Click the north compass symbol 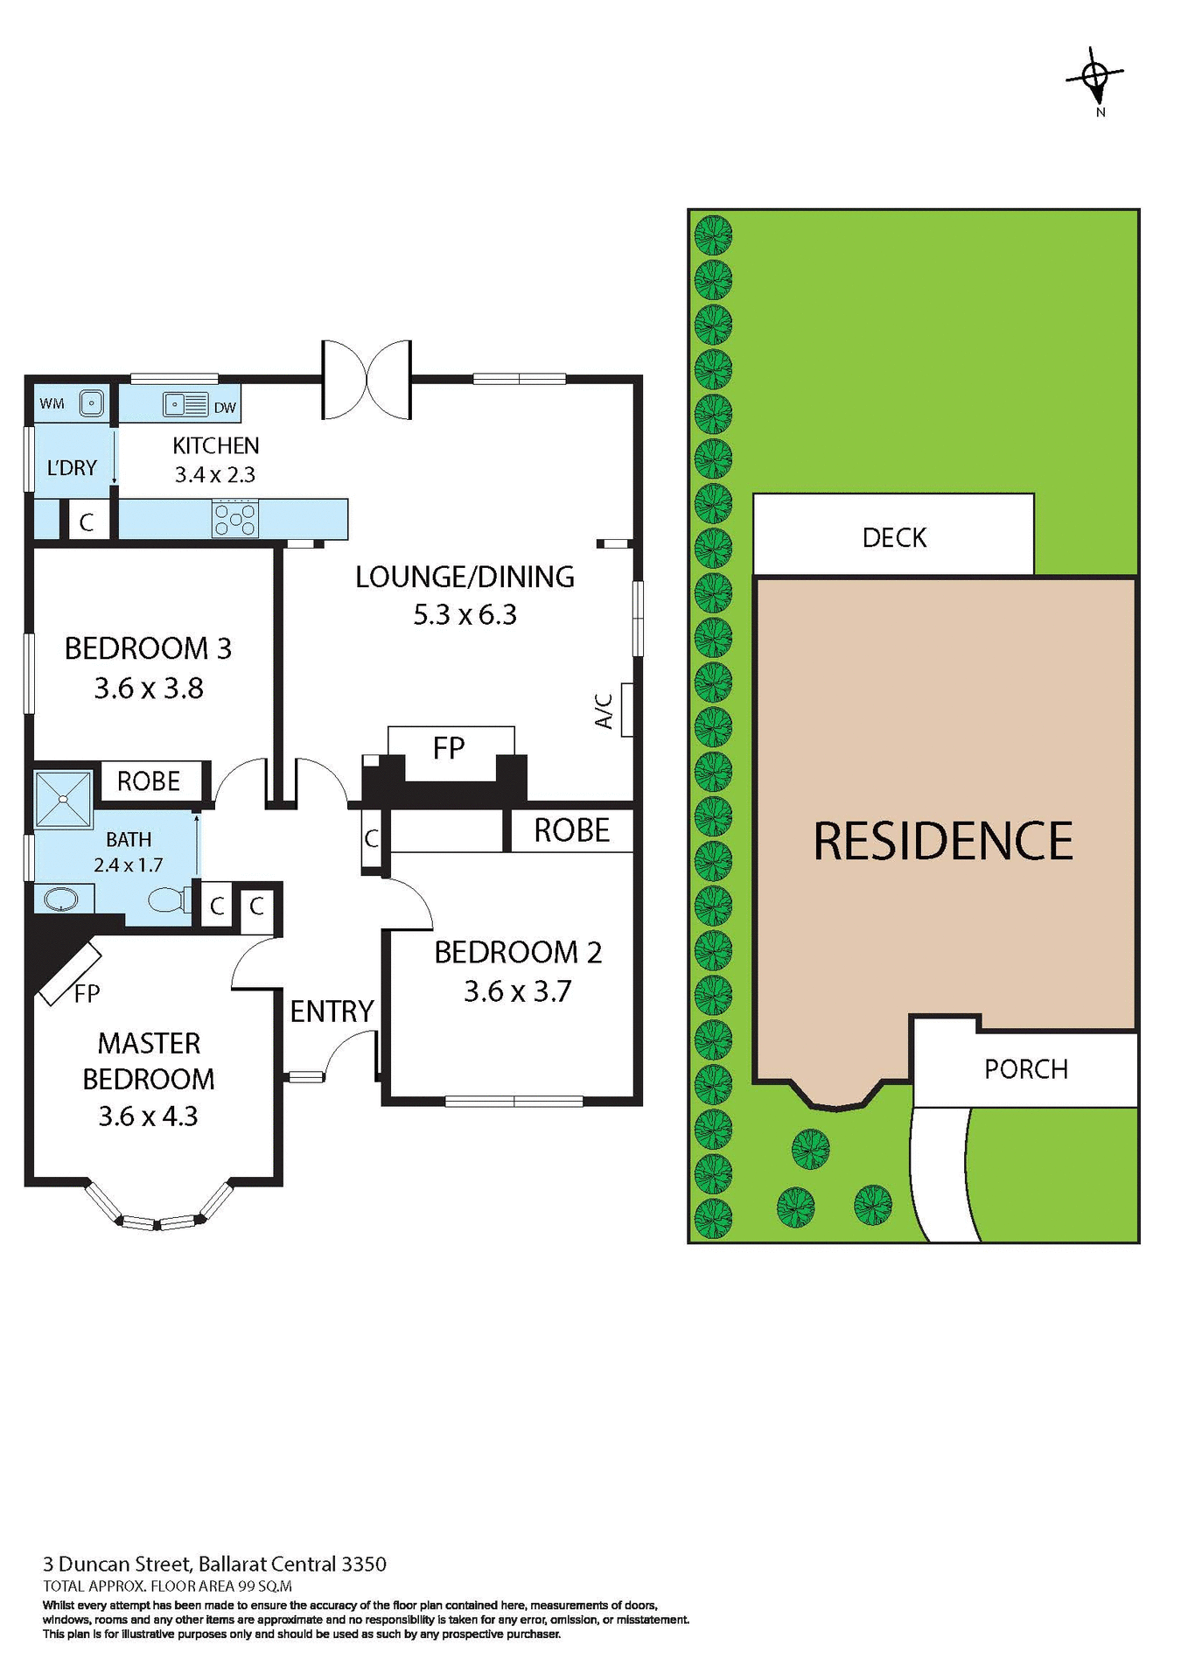click(x=1095, y=79)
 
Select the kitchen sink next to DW click(x=185, y=405)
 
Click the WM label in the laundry click(x=52, y=403)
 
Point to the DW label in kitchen click(x=225, y=407)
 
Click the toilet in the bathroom click(x=170, y=899)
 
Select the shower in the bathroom click(x=62, y=799)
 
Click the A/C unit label click(x=604, y=710)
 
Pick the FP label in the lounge click(x=449, y=748)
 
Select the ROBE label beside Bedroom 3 click(x=149, y=780)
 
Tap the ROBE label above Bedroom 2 click(x=571, y=830)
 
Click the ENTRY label click(x=332, y=1011)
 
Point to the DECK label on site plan click(x=894, y=537)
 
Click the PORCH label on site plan click(x=1026, y=1069)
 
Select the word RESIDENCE click(x=943, y=841)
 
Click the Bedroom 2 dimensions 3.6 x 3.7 click(x=517, y=991)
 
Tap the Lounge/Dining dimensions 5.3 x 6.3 click(x=465, y=614)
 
